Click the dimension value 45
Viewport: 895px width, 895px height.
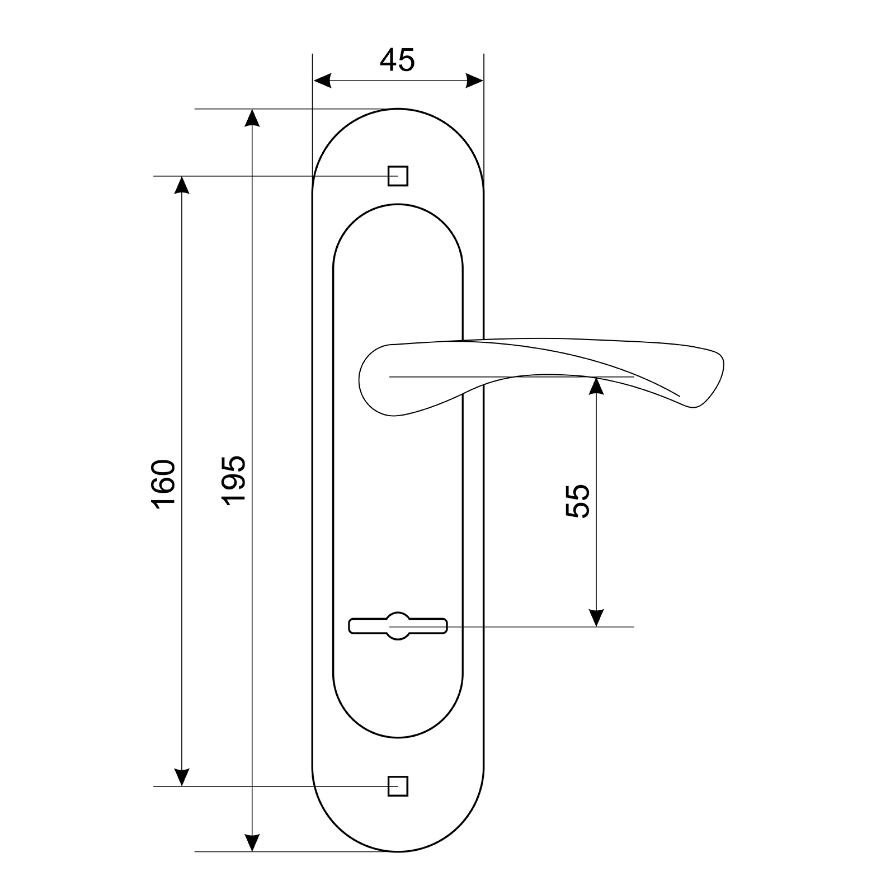397,60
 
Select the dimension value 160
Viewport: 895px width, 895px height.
163,483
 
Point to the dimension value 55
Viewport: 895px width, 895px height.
578,501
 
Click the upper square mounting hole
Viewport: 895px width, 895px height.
398,176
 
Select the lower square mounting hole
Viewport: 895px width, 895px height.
398,786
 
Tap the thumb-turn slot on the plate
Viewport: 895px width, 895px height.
398,626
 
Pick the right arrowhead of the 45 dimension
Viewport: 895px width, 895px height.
474,81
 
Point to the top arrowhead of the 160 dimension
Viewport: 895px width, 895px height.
181,185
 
